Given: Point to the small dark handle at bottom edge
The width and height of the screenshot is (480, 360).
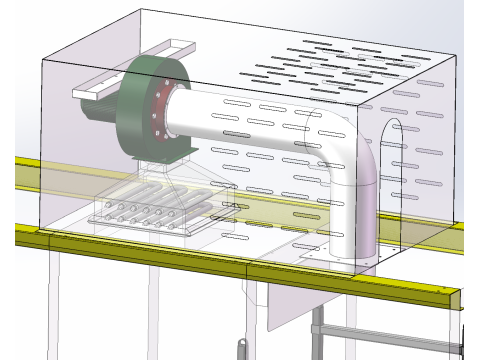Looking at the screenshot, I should pyautogui.click(x=240, y=349).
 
